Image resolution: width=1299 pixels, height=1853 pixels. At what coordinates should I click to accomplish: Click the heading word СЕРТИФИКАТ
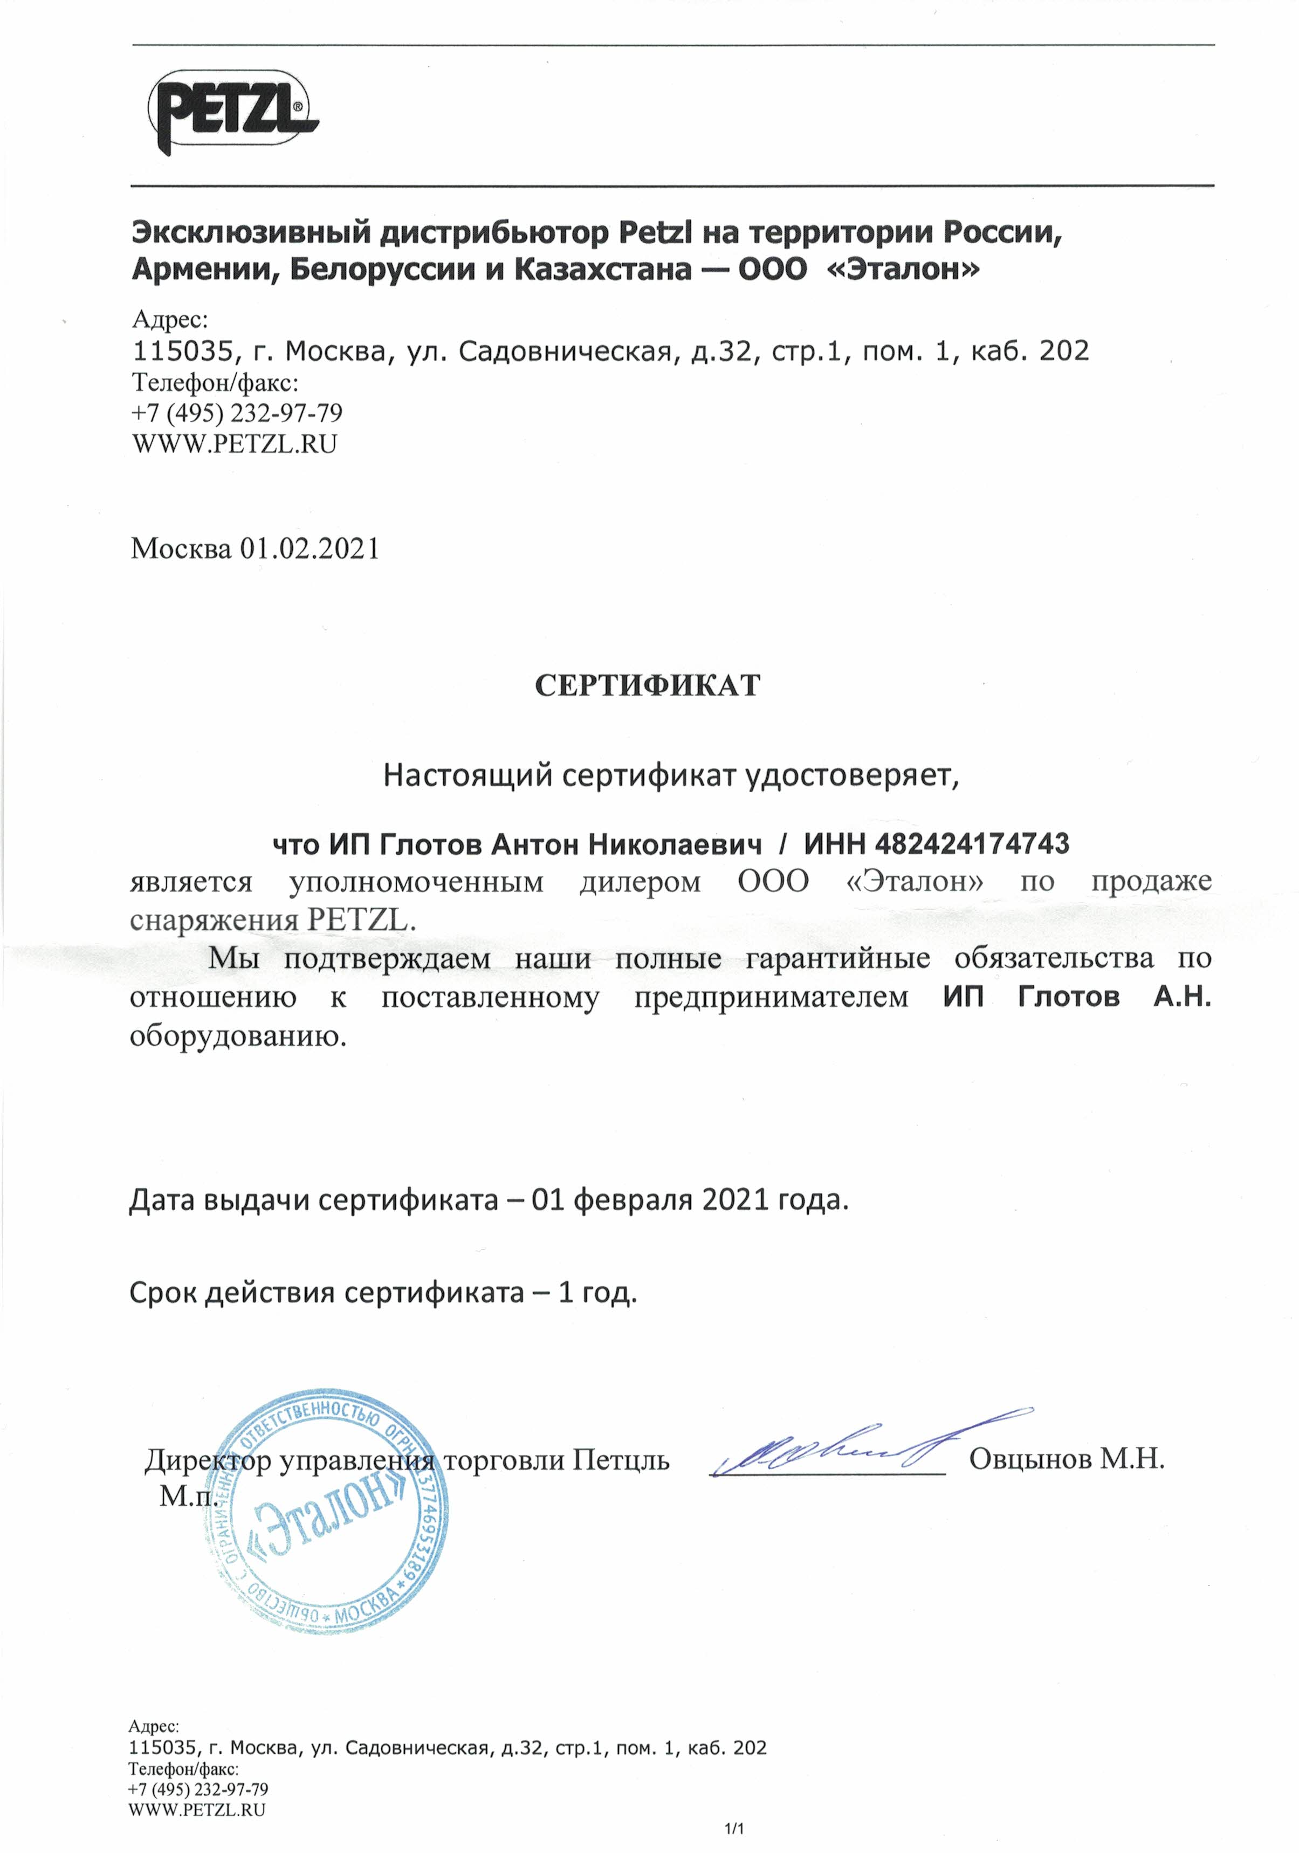click(647, 686)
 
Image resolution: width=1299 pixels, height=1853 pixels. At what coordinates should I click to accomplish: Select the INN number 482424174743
click(972, 844)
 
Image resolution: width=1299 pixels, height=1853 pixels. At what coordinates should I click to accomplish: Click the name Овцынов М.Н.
click(1066, 1459)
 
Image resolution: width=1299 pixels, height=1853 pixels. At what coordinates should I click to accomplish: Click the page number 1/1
click(734, 1829)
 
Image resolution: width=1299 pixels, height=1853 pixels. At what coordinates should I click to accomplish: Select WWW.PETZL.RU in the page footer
click(196, 1810)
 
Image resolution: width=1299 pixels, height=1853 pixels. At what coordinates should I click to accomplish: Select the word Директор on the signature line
click(208, 1460)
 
